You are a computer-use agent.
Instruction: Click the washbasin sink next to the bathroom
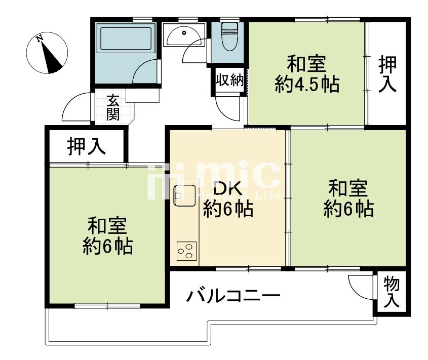pyautogui.click(x=183, y=34)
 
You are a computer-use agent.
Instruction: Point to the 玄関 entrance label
pyautogui.click(x=112, y=107)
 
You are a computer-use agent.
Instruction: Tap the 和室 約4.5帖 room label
pyautogui.click(x=307, y=74)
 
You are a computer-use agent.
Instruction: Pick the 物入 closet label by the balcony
pyautogui.click(x=391, y=292)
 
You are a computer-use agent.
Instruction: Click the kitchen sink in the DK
pyautogui.click(x=184, y=195)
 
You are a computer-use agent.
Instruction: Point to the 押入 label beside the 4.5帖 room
pyautogui.click(x=387, y=74)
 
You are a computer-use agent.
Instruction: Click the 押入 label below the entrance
pyautogui.click(x=87, y=146)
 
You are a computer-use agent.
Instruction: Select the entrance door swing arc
pyautogui.click(x=74, y=108)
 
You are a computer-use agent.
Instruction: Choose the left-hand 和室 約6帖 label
pyautogui.click(x=108, y=236)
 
